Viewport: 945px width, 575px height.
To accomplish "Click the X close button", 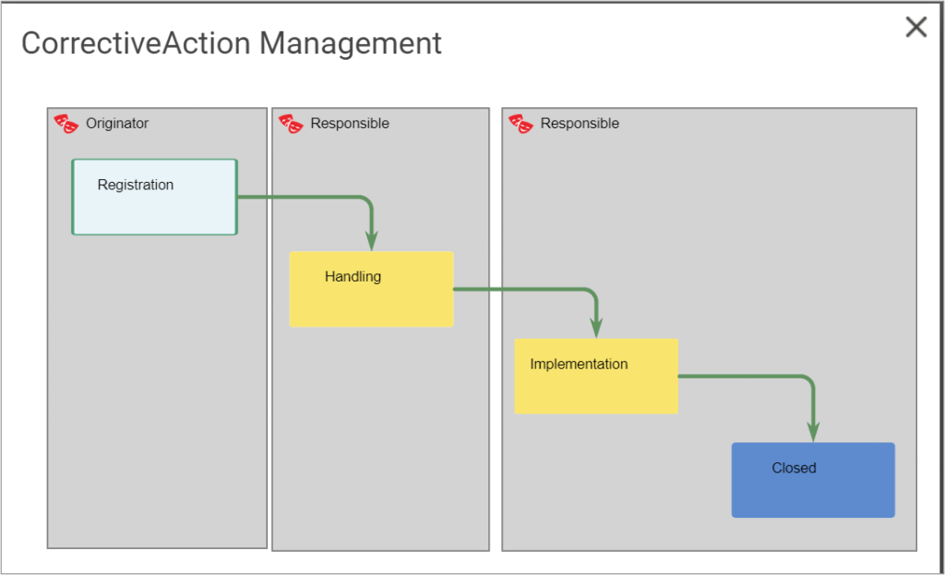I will [x=915, y=28].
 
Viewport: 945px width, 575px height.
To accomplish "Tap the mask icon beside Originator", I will [x=66, y=124].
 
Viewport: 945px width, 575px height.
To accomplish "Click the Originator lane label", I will [x=117, y=123].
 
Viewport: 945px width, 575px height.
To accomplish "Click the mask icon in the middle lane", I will [x=292, y=124].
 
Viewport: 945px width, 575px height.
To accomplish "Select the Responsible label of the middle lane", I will [x=350, y=123].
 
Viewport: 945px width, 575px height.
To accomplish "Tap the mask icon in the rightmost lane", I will [x=521, y=124].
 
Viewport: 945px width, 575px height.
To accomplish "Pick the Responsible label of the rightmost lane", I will [x=580, y=123].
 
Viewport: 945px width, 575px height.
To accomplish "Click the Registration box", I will [x=154, y=208].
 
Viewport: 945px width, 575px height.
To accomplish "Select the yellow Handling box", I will [x=371, y=300].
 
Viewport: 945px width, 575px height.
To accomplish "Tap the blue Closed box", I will [x=813, y=490].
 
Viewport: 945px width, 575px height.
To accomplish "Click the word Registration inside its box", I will [x=136, y=185].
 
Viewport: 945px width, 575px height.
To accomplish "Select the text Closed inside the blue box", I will [x=794, y=468].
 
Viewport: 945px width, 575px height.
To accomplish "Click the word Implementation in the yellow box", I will [x=579, y=364].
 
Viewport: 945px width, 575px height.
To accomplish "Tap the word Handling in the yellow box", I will [x=353, y=276].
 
